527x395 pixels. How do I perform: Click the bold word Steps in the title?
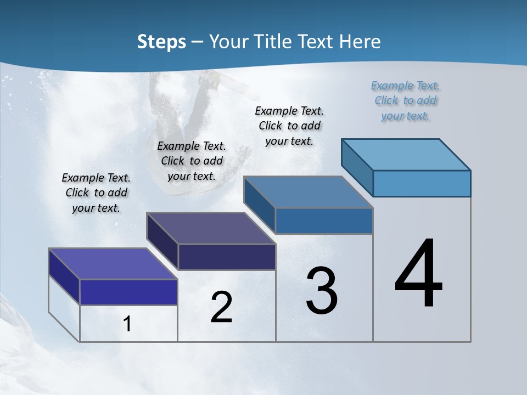(x=161, y=42)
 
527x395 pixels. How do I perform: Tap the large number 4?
(x=418, y=274)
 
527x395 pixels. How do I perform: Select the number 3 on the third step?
(x=322, y=291)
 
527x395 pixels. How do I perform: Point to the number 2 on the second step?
(x=221, y=307)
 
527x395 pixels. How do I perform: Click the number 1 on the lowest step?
(x=127, y=324)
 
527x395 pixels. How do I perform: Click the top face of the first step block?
(x=113, y=264)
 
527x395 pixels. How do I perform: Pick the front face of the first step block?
(x=128, y=292)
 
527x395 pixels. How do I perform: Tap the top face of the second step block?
(x=211, y=228)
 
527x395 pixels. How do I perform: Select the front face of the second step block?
(x=227, y=257)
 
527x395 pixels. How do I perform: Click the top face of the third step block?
(x=309, y=192)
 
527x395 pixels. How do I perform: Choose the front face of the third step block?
(x=324, y=221)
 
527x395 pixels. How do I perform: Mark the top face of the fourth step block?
(x=406, y=154)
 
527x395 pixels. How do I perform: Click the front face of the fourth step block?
(x=422, y=183)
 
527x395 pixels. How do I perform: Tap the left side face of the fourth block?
(x=357, y=167)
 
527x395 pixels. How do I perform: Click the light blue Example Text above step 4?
(x=405, y=100)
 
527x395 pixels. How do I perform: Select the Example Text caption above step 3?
(x=289, y=126)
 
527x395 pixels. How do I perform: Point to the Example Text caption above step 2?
(x=192, y=161)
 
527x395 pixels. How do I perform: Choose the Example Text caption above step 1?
(x=96, y=193)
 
